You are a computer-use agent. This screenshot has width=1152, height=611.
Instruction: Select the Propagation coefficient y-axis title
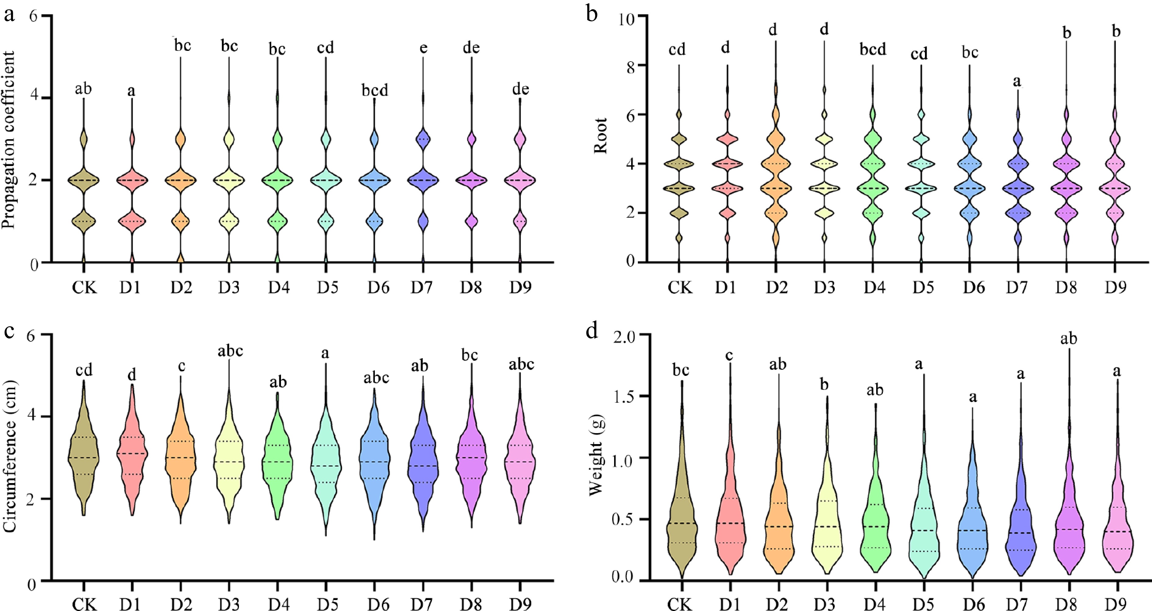(9, 140)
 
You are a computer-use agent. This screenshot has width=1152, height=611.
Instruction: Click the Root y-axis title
(601, 136)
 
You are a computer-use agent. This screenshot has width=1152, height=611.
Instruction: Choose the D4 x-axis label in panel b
(874, 288)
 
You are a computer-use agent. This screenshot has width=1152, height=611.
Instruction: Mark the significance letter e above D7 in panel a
(423, 48)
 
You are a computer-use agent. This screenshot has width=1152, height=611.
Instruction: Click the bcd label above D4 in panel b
(873, 49)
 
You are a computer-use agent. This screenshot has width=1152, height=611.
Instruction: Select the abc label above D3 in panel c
(230, 351)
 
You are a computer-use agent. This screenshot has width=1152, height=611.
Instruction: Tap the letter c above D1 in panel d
(729, 355)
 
